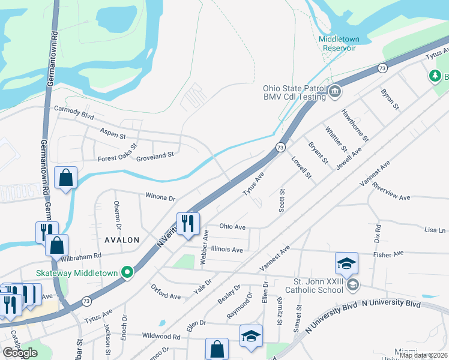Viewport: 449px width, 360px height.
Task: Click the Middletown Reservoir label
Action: (x=339, y=43)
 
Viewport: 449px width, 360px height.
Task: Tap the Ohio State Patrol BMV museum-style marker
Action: (x=335, y=92)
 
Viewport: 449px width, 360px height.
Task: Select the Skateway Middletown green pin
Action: (x=127, y=272)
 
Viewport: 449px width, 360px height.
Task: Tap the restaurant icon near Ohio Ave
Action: (x=188, y=223)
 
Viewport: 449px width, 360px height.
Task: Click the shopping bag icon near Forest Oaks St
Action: (x=65, y=178)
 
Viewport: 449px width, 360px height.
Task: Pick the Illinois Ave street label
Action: (x=227, y=250)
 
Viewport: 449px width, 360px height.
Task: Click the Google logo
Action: (x=20, y=353)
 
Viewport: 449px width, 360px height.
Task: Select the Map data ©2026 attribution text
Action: (x=423, y=355)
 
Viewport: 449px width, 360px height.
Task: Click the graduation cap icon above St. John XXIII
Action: (x=346, y=263)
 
